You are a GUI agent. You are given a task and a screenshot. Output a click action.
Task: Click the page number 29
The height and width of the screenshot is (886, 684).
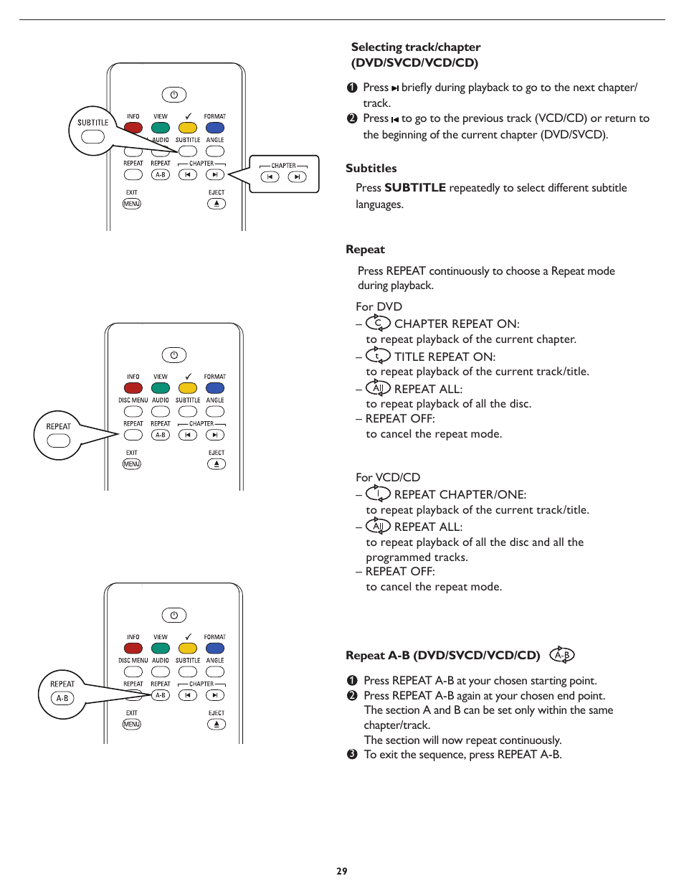(342, 871)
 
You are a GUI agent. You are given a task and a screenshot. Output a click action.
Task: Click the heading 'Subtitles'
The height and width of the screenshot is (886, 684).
(371, 168)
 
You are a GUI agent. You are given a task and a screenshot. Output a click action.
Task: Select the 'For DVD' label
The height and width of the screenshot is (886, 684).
(379, 306)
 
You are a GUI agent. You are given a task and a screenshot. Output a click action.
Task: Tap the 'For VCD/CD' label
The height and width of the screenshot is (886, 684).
(388, 477)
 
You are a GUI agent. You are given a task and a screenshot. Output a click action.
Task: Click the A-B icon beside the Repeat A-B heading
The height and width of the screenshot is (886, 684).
(562, 654)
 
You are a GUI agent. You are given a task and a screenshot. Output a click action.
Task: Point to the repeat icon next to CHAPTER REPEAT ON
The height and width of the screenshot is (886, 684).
(378, 324)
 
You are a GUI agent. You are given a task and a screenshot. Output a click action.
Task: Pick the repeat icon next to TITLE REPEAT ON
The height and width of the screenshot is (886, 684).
(378, 356)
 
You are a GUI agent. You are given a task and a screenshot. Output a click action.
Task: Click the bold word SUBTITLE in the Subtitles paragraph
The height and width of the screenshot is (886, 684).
(414, 188)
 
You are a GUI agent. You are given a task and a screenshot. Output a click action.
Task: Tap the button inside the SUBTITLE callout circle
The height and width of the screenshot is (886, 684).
(92, 137)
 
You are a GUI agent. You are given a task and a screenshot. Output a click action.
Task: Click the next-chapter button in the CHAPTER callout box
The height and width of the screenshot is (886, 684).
(297, 177)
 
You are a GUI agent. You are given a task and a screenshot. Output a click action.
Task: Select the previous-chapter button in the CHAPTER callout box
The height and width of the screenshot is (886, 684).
(270, 177)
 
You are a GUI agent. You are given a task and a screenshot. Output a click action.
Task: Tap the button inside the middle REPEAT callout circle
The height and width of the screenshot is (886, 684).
(58, 440)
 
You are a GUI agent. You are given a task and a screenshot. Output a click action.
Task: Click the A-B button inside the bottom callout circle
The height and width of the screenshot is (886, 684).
(62, 698)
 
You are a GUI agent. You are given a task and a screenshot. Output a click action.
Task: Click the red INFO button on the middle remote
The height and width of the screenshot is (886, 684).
(133, 388)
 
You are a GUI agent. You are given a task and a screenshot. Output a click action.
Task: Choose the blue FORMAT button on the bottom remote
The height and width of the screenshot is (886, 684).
(215, 649)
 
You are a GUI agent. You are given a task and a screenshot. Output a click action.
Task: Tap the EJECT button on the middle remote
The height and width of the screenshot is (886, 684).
(217, 464)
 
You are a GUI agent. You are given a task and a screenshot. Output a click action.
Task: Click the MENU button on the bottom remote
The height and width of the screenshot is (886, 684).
(132, 725)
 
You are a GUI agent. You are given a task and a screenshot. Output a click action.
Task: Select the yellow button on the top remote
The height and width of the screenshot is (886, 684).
(188, 128)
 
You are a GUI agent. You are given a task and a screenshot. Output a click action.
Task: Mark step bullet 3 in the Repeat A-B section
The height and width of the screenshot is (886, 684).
(352, 755)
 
